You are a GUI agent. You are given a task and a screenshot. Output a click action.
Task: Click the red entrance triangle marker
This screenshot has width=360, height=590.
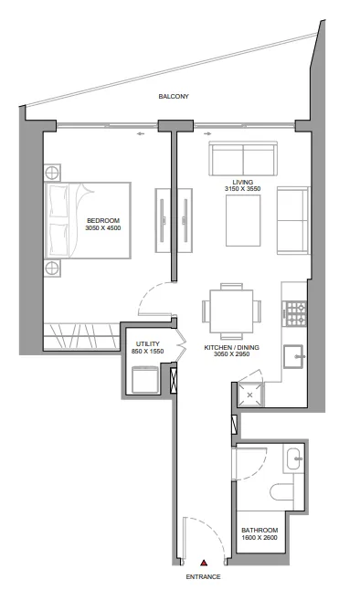pos(204,563)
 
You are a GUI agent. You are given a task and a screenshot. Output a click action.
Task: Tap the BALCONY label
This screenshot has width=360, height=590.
pos(174,96)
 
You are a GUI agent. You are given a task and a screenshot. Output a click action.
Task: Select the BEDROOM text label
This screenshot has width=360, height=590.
pos(103,220)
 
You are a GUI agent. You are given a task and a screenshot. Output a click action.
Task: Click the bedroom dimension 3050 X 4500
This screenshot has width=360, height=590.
pos(103,228)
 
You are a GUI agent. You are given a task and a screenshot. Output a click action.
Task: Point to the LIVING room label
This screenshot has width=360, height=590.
pos(242,182)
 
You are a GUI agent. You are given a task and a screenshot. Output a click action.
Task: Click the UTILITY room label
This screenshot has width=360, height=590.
pos(148,344)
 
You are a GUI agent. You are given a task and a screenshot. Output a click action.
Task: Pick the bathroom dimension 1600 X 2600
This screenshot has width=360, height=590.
pos(259,538)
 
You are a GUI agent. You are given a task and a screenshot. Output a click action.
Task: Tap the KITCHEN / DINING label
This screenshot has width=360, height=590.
pos(231,348)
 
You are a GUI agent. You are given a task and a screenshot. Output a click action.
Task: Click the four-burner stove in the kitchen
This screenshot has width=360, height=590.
pos(296,314)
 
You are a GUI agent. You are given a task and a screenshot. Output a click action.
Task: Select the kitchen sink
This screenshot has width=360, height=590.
pos(294,356)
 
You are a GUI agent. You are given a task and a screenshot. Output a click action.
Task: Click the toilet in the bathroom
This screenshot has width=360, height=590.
pos(281,491)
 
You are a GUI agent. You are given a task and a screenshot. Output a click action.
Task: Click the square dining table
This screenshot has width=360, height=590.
pos(231,311)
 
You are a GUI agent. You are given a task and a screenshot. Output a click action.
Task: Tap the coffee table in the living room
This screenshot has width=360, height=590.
pos(243,220)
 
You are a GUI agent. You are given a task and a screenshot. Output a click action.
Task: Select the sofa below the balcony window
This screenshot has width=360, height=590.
pos(243,158)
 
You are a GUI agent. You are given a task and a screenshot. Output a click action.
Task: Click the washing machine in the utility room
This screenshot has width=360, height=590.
pos(145,380)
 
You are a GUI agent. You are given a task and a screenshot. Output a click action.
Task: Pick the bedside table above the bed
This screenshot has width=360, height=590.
pos(52,174)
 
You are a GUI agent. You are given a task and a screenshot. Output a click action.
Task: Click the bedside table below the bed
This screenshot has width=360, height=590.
pos(52,269)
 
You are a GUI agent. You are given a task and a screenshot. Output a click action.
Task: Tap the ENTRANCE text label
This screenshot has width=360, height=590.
pos(204,577)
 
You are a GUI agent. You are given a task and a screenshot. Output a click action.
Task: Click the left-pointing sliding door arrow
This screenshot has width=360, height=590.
pos(141,133)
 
